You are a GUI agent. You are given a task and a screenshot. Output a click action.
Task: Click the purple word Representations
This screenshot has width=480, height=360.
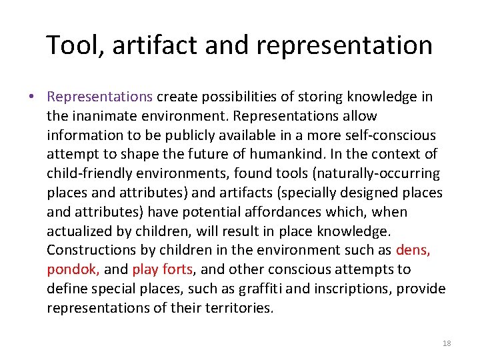[100, 97]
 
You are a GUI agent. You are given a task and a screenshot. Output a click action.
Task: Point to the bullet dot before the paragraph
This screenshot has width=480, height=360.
[32, 97]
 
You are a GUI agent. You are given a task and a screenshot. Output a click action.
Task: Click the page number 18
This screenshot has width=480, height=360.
[447, 343]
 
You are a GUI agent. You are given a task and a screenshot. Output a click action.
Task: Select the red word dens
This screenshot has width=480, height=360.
[413, 251]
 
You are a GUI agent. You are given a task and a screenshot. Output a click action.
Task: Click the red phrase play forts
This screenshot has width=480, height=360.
[163, 270]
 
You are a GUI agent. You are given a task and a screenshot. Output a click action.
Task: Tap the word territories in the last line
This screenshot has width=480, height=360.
[239, 308]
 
